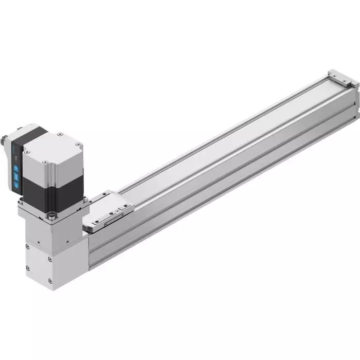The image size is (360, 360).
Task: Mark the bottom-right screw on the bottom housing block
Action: click(50, 280)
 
